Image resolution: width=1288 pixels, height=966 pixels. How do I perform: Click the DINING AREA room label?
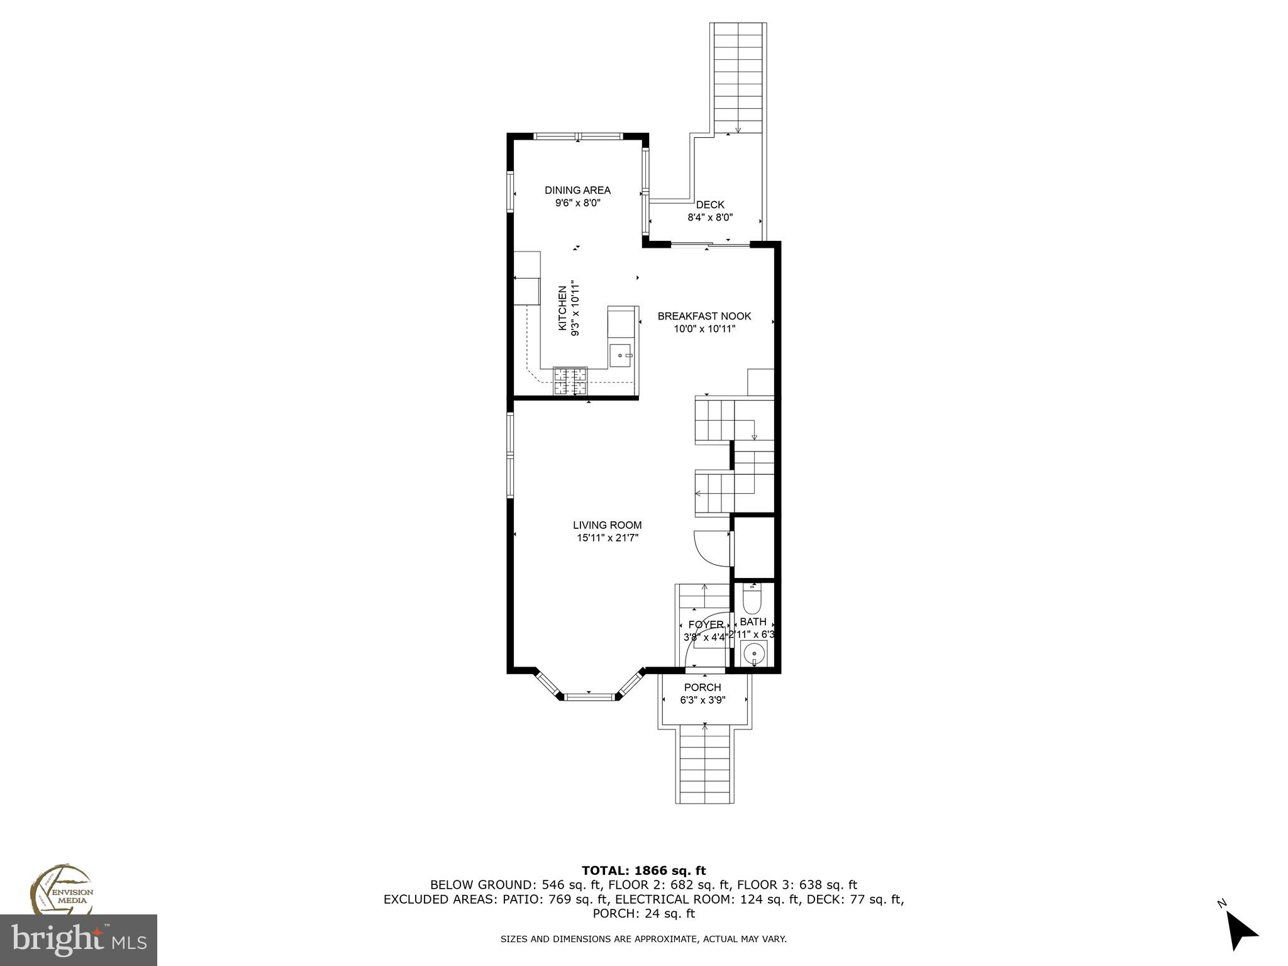tap(577, 190)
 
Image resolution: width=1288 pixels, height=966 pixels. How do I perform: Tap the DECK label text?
tap(710, 204)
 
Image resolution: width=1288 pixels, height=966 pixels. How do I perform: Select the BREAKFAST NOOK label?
tap(704, 316)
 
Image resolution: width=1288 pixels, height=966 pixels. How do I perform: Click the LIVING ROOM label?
tap(607, 525)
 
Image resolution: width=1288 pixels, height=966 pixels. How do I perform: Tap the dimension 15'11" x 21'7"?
tap(607, 538)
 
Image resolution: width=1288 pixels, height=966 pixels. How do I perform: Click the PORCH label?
tap(702, 687)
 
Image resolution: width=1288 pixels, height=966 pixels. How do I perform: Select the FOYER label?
tap(706, 625)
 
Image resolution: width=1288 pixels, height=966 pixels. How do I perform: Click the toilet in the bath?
tap(752, 600)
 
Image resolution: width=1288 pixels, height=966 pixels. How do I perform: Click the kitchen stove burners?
tap(570, 381)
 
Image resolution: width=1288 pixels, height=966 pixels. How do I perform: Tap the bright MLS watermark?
tap(79, 940)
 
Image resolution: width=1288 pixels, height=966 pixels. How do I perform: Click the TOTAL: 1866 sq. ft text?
tap(643, 870)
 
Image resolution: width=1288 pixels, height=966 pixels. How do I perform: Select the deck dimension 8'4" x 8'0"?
tap(710, 218)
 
